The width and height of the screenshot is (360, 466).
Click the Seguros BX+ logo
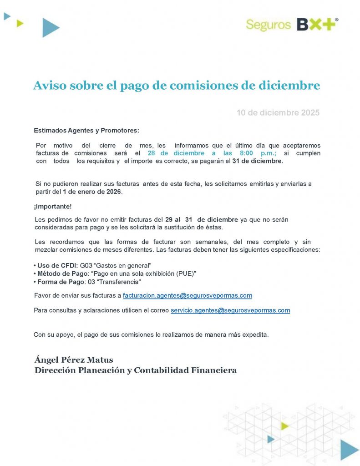(x=292, y=24)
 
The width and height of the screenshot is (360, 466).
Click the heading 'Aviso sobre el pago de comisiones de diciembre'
(x=177, y=86)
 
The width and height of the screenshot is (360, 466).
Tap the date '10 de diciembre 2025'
(x=278, y=112)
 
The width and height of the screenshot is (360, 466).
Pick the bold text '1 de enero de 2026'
(x=92, y=192)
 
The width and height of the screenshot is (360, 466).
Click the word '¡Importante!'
(x=53, y=207)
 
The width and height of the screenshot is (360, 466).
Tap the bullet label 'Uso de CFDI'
(x=57, y=265)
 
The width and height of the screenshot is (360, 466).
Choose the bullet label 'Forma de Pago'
(x=61, y=282)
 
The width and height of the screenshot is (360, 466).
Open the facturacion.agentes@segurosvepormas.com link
(x=188, y=296)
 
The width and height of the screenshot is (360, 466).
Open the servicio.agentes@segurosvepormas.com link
(x=230, y=310)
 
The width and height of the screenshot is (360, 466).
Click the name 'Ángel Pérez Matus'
(x=74, y=360)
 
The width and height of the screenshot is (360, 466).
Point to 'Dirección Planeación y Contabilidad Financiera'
(x=136, y=370)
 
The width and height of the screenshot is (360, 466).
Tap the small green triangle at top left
(x=20, y=23)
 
